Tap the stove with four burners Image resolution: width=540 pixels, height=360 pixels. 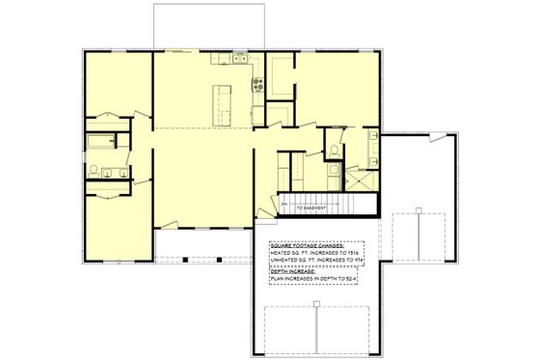click(257, 83)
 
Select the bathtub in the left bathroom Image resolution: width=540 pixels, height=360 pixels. click(98, 143)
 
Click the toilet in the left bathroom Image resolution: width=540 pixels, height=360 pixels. click(94, 170)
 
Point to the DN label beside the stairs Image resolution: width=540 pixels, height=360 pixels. click(283, 205)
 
